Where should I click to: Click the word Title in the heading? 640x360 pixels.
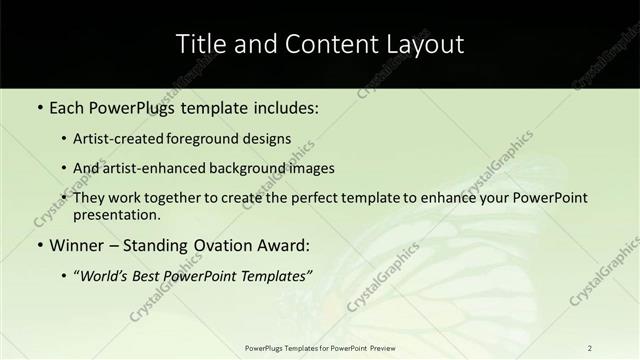tap(200, 44)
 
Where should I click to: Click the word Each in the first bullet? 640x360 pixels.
tap(67, 107)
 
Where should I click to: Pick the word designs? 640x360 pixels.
tap(266, 138)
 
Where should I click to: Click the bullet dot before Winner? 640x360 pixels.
tap(39, 245)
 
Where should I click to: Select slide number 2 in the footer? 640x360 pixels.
tap(590, 347)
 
